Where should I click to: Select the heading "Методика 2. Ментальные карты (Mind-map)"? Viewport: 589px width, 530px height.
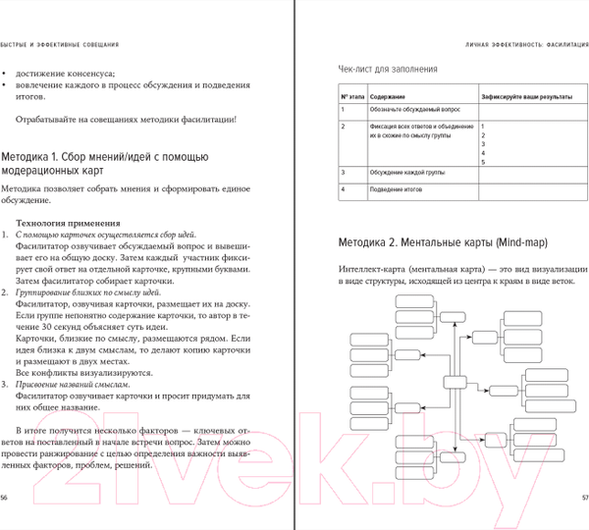pyautogui.click(x=443, y=241)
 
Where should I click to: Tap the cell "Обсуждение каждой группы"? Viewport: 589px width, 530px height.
pyautogui.click(x=403, y=174)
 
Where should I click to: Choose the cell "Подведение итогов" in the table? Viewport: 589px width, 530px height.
pyautogui.click(x=396, y=188)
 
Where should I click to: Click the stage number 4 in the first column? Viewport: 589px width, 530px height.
pyautogui.click(x=344, y=188)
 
